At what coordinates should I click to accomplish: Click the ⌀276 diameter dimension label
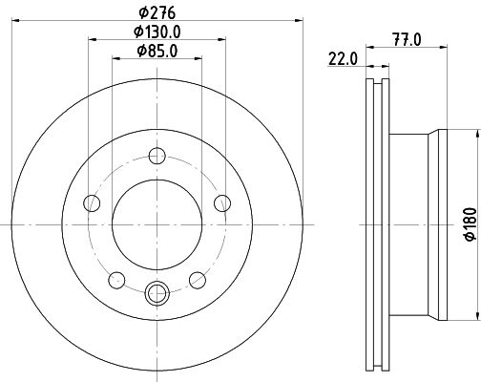point(157,13)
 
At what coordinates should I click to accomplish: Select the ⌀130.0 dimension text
point(157,32)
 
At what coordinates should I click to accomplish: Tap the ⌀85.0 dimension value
point(157,51)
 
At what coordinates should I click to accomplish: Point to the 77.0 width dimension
point(407,40)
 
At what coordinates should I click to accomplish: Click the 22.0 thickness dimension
point(343,59)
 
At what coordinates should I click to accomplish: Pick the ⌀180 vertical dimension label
point(471,224)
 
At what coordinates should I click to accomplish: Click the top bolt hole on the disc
point(157,156)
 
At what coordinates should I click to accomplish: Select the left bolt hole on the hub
point(92,203)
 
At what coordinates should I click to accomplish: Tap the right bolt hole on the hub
point(222,203)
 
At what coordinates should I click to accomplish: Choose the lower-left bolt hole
point(116,281)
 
